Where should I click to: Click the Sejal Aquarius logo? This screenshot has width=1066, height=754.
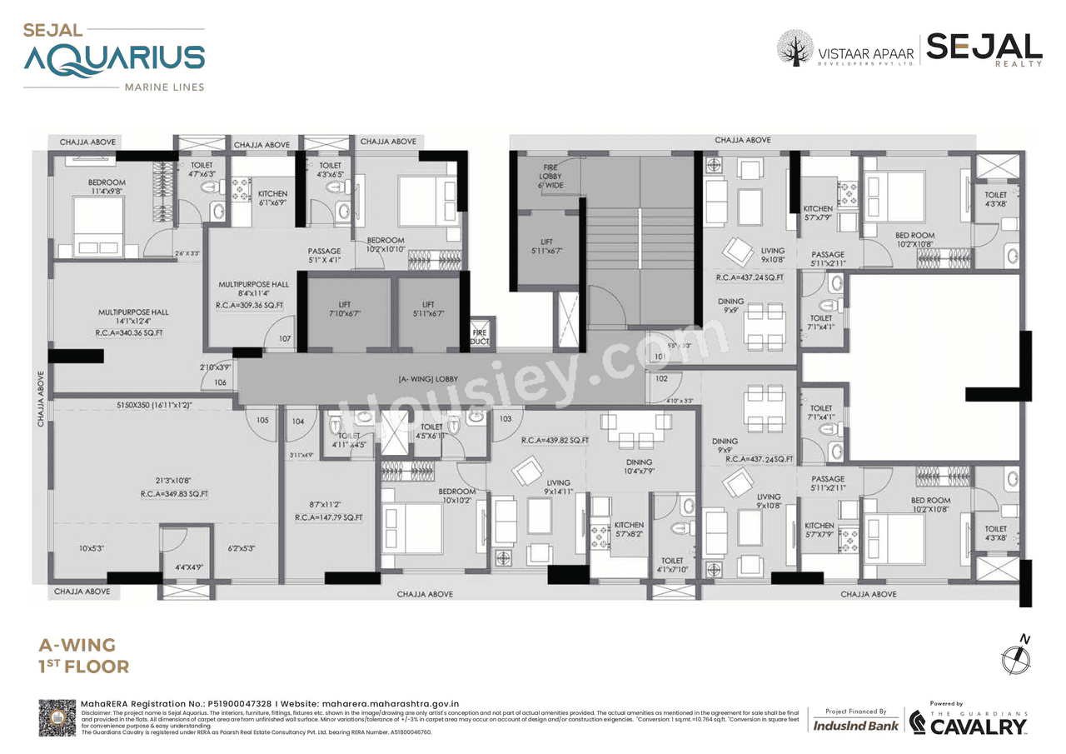click(x=114, y=56)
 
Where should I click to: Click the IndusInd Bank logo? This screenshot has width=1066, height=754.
click(x=855, y=726)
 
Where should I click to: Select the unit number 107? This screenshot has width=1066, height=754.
click(x=285, y=339)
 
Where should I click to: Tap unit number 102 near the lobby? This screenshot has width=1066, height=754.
click(x=661, y=378)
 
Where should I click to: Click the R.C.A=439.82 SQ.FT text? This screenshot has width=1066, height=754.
click(x=555, y=440)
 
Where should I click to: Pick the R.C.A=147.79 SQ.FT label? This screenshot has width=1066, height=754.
click(x=328, y=517)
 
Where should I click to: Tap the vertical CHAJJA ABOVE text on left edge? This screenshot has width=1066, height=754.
click(x=40, y=399)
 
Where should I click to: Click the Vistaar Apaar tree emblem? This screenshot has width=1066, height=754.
click(x=795, y=47)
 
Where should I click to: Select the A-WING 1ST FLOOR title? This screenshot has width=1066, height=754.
click(x=84, y=656)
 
